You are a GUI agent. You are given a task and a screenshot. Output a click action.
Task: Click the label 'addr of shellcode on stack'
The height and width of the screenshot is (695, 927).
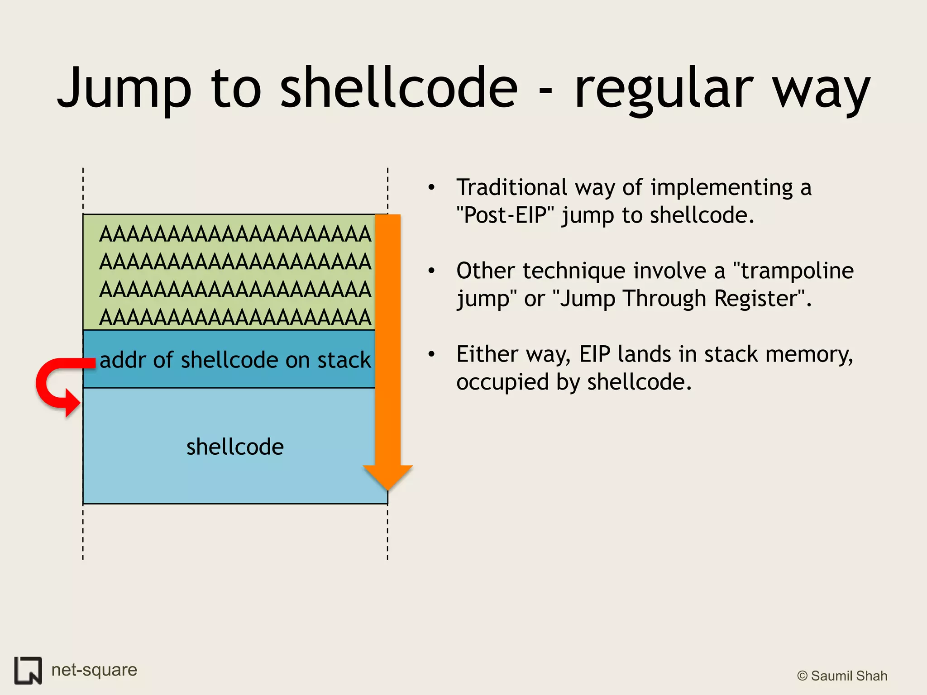235,360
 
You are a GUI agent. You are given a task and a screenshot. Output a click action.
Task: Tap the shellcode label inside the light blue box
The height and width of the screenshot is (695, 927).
235,447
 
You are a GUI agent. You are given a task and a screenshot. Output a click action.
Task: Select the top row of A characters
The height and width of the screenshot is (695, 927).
235,234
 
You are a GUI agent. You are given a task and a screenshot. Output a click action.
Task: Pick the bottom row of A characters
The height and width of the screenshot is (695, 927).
235,317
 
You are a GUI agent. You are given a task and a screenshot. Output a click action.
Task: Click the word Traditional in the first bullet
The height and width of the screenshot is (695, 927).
511,187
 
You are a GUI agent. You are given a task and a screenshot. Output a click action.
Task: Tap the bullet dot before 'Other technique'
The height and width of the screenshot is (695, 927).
431,271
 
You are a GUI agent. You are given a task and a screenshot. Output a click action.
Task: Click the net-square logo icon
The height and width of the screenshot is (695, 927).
28,670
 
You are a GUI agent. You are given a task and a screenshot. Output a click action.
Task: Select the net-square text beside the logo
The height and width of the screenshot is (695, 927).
94,670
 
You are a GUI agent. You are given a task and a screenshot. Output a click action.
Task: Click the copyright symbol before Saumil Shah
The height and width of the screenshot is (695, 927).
802,676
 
